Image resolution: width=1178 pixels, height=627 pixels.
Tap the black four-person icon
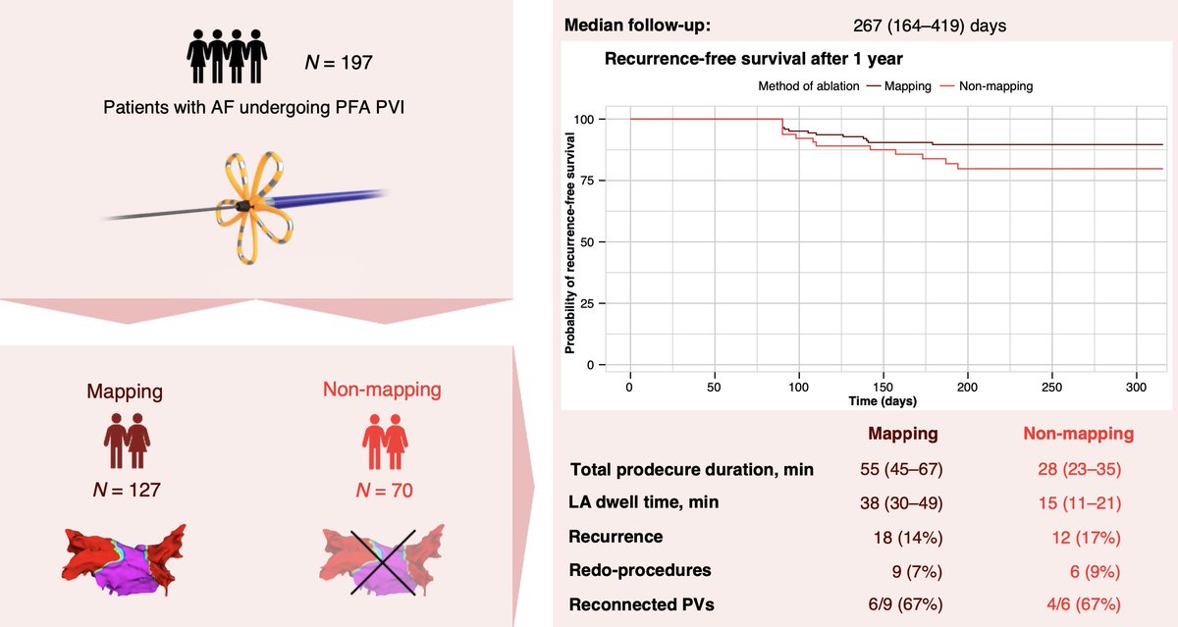[x=226, y=59]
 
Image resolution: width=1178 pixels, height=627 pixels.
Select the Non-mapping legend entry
[x=987, y=86]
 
